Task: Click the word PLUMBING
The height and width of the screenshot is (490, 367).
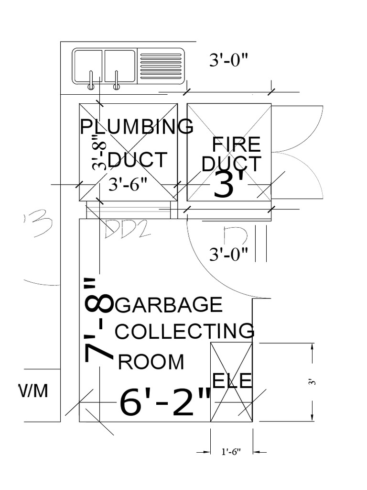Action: [x=136, y=127]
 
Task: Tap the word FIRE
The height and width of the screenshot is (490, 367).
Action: [x=237, y=144]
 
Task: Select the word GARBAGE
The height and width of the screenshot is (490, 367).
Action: [x=169, y=305]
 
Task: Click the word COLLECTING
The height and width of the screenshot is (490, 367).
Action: [x=185, y=331]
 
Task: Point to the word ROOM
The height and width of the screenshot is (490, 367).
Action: [x=151, y=362]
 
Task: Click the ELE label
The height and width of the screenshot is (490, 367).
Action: [x=232, y=381]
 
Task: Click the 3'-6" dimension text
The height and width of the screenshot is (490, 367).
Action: [x=128, y=184]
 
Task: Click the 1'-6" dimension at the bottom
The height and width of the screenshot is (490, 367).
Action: [x=231, y=451]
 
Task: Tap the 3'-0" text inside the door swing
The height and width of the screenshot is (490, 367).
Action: [x=228, y=254]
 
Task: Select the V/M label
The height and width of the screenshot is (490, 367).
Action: [x=33, y=391]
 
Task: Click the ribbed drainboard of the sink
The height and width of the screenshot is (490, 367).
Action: [x=162, y=66]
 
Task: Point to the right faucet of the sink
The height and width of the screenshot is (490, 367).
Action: [x=116, y=81]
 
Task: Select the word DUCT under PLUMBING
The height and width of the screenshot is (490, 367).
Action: [x=138, y=160]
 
